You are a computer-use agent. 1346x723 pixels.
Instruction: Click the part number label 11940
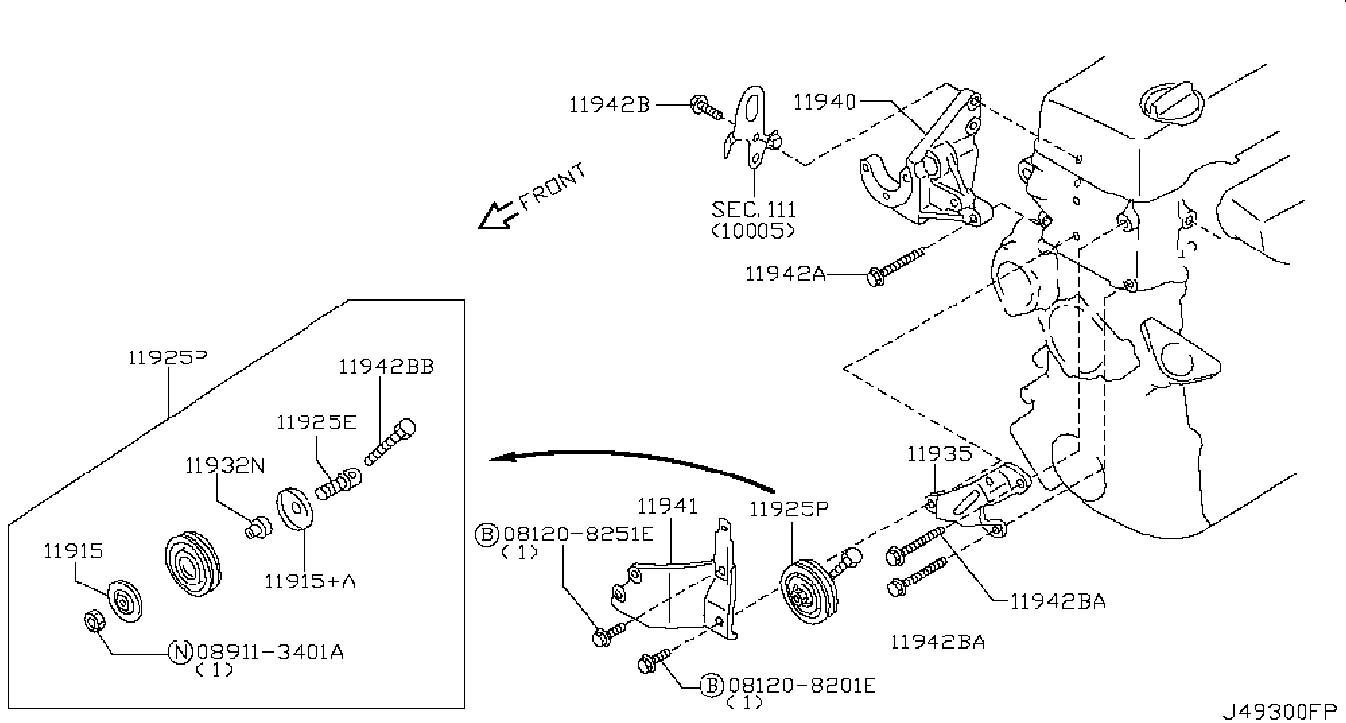(824, 102)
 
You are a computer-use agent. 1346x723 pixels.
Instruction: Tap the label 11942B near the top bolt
(609, 104)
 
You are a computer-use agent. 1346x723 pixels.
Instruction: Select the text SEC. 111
(754, 210)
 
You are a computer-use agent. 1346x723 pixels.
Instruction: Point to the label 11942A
(785, 274)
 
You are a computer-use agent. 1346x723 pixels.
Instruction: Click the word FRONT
(551, 187)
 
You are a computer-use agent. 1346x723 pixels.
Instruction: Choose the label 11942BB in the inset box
(386, 366)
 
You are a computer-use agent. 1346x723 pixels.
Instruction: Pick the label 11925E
(316, 422)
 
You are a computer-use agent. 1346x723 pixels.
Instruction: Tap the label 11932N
(225, 466)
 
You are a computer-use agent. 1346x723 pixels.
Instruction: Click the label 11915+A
(310, 582)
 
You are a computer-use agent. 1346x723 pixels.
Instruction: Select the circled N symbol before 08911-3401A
(180, 652)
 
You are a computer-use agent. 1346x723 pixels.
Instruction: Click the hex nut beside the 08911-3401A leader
(93, 620)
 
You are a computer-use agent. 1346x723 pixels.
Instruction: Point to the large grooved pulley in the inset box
(193, 564)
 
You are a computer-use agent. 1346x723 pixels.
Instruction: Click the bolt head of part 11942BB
(406, 428)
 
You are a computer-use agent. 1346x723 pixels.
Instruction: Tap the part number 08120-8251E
(578, 533)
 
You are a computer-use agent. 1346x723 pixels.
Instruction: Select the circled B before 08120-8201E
(712, 685)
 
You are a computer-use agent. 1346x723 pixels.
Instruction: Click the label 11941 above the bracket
(667, 506)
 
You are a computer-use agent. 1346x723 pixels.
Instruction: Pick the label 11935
(938, 454)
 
